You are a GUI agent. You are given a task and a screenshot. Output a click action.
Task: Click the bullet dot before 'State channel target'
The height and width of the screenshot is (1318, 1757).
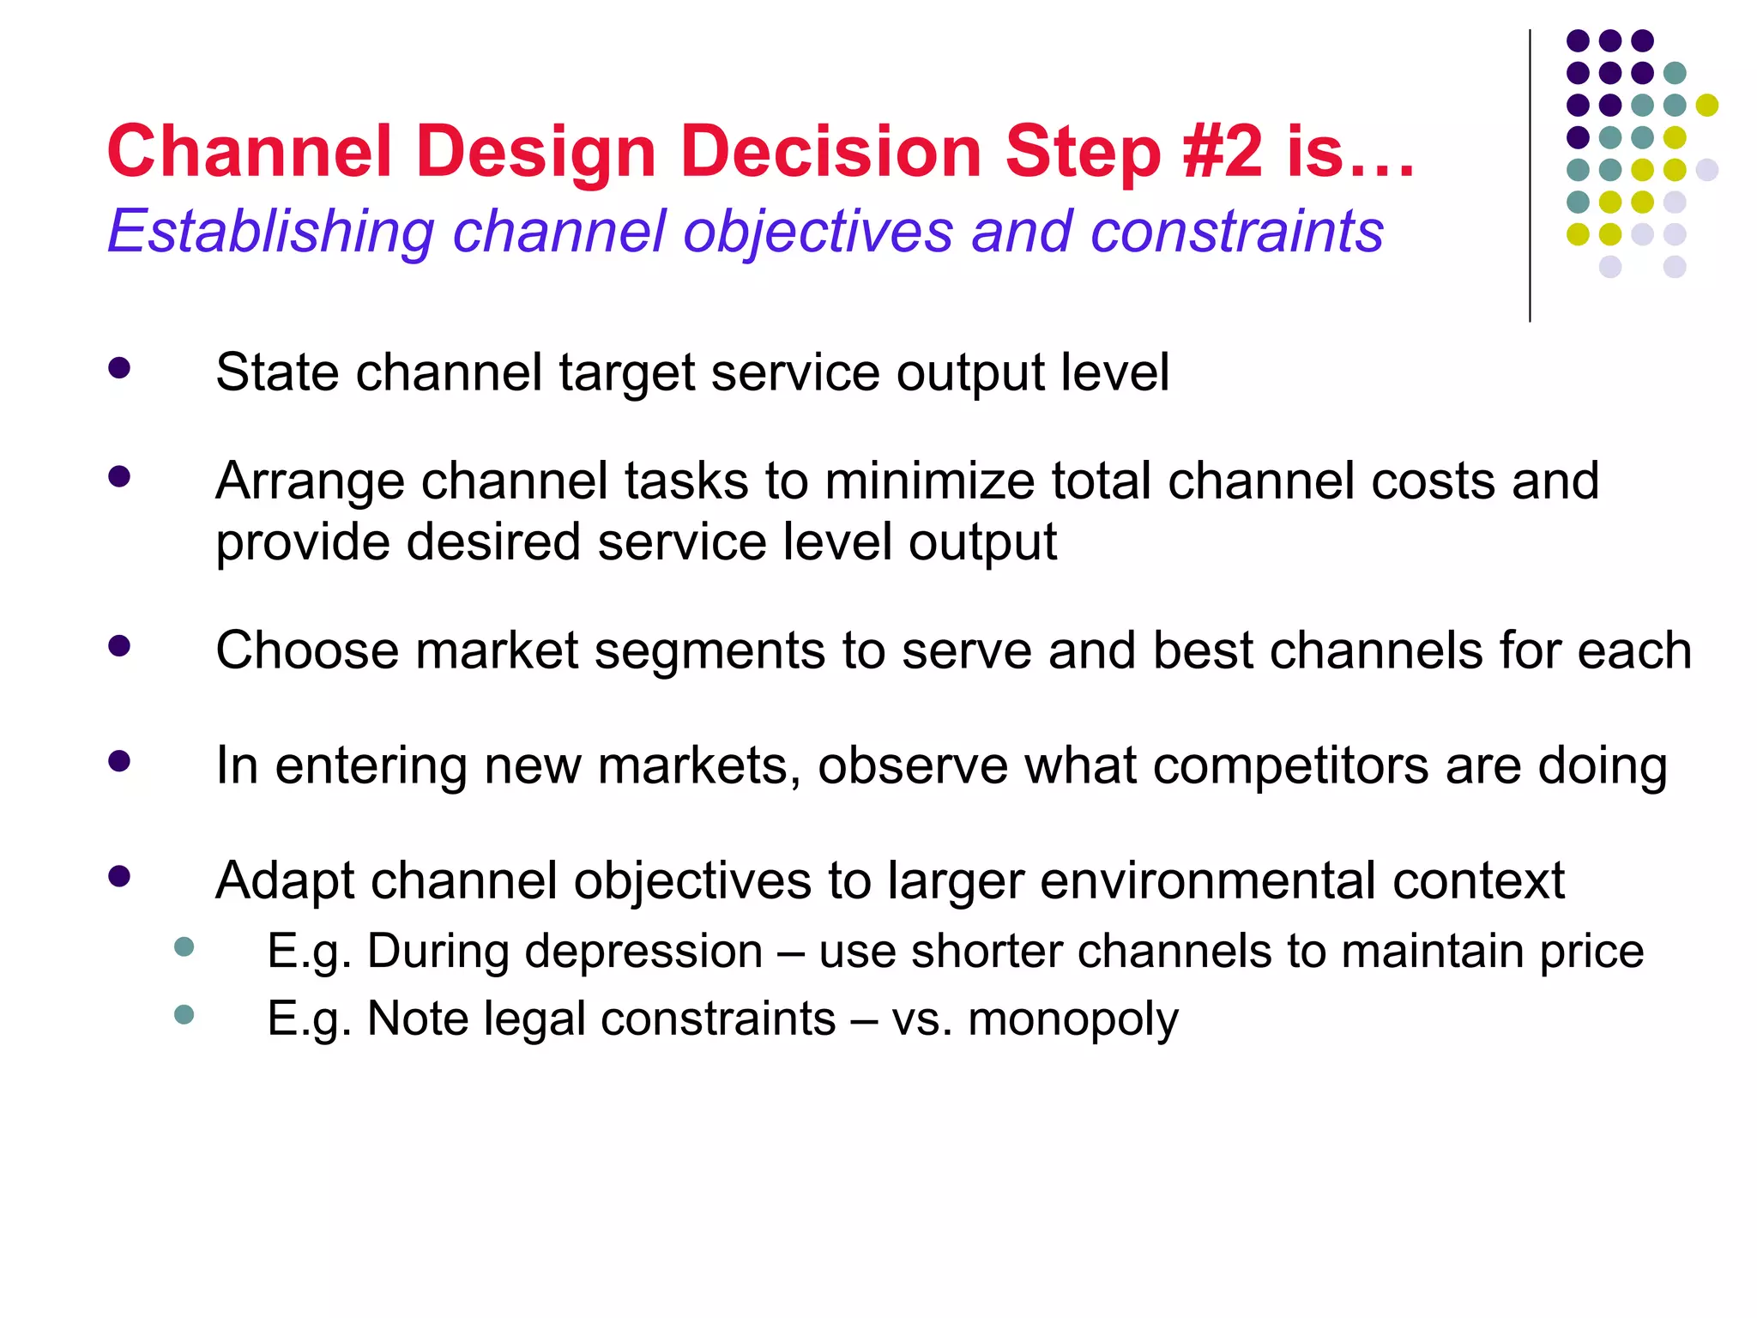(119, 369)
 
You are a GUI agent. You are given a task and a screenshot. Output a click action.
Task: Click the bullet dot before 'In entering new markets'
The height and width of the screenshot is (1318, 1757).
(119, 761)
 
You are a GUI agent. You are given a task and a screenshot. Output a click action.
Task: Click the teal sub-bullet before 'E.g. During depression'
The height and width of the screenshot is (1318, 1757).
(184, 947)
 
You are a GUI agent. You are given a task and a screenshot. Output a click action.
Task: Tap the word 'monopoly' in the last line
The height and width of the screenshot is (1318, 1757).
(1072, 1019)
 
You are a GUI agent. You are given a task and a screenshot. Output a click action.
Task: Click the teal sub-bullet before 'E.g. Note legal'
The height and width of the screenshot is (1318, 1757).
(184, 1015)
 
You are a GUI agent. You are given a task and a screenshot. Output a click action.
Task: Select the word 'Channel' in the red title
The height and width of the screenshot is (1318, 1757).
(250, 152)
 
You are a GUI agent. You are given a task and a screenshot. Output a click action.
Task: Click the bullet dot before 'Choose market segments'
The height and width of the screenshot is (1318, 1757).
(119, 646)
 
